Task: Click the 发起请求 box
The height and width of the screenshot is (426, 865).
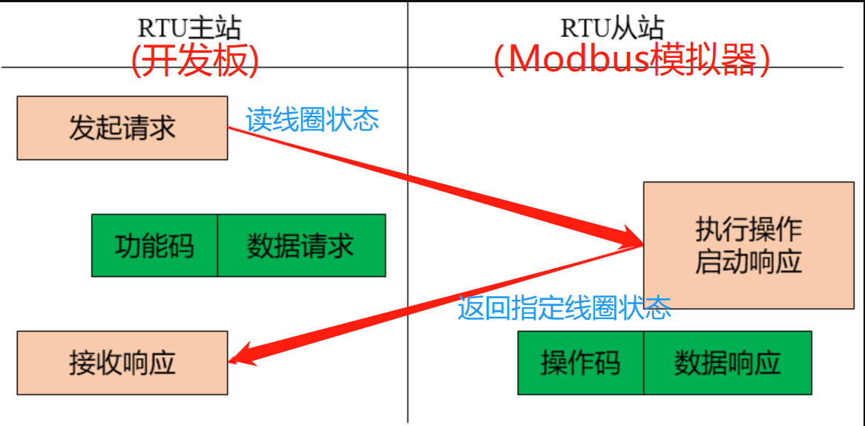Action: coord(122,128)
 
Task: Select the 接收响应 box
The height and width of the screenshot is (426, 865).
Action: coord(122,363)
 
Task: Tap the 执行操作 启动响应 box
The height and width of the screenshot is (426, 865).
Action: coord(749,246)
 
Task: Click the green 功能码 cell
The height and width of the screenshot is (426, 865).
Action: coord(154,246)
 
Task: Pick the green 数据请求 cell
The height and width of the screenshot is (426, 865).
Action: coord(301,246)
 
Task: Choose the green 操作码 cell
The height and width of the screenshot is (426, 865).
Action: coord(580,363)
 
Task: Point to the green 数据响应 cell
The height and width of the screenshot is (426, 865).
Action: coord(727,363)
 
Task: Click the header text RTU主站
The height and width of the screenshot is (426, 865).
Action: coord(189,28)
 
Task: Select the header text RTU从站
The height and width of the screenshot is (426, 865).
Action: coord(612,28)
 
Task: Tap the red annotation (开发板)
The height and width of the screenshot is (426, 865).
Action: coord(195,62)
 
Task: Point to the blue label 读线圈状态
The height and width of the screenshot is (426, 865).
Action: coord(312,119)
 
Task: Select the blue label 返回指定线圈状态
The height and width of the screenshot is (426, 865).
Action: coord(565,307)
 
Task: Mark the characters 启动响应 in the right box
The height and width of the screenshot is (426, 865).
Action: coord(749,263)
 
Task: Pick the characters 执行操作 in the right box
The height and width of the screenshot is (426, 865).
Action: coord(749,229)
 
